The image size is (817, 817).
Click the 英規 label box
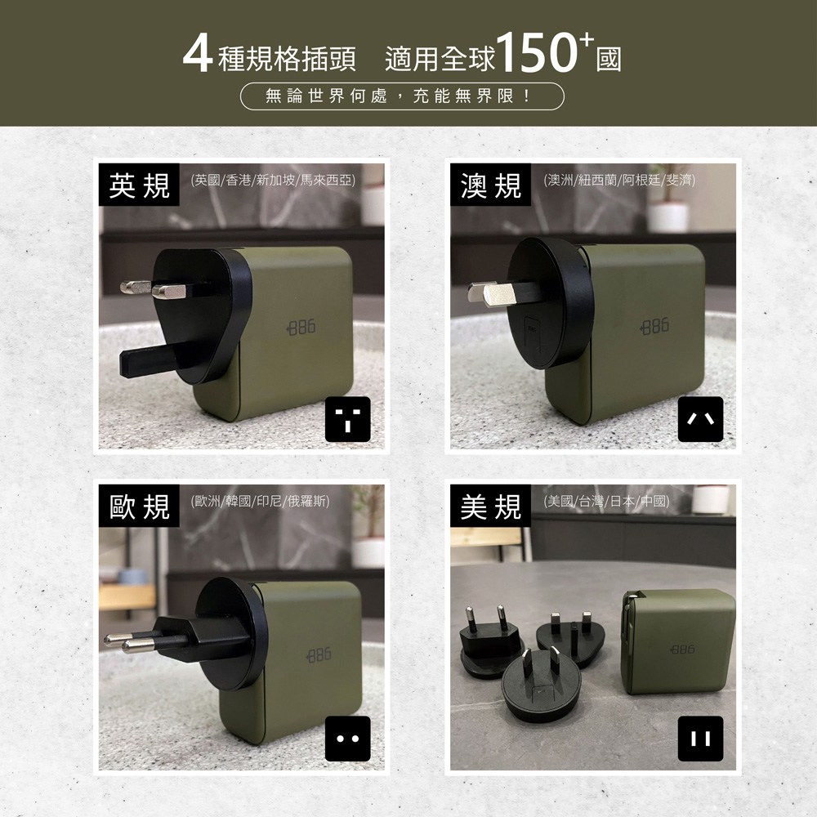tap(139, 185)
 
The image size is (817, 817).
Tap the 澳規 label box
tap(490, 185)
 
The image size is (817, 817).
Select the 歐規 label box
tap(139, 506)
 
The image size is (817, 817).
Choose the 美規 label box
tap(490, 506)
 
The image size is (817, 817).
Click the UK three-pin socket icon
tap(347, 419)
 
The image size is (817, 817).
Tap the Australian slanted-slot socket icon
tap(700, 419)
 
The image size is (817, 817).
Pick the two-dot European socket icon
tap(347, 739)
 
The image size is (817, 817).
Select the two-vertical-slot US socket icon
tap(700, 739)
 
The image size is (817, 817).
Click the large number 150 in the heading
tap(538, 52)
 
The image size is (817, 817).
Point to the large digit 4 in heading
tap(198, 54)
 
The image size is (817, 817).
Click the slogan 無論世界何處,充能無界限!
tap(402, 96)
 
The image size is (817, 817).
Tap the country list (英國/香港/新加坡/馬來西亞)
tap(273, 181)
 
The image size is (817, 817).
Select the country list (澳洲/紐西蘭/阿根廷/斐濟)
tap(619, 181)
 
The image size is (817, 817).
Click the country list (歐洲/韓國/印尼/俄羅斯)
tap(260, 502)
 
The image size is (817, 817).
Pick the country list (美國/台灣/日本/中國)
tap(606, 502)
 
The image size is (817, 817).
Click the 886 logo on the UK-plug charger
tap(301, 328)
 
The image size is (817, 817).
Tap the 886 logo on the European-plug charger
tap(319, 655)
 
